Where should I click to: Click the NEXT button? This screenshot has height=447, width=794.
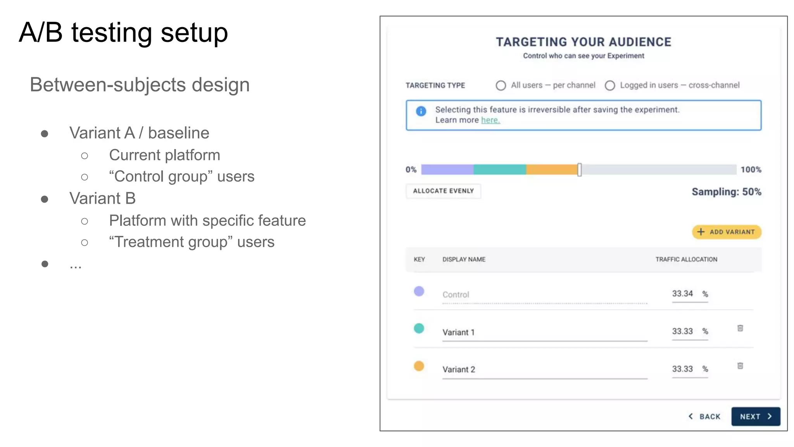point(755,416)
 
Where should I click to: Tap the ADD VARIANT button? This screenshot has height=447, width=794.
point(727,232)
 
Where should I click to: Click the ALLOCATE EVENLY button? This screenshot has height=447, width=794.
point(443,191)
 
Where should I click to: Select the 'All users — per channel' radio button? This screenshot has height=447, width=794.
point(501,85)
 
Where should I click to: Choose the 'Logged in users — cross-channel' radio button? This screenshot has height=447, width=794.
point(610,85)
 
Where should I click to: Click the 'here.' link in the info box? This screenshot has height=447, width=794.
point(490,120)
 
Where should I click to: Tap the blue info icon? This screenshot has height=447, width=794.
point(421,111)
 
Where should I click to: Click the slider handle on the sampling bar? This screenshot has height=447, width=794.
point(579,170)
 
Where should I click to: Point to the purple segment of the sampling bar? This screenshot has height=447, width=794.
point(447,170)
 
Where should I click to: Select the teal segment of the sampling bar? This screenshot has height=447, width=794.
point(500,170)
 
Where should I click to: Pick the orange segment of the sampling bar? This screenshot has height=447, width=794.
point(551,170)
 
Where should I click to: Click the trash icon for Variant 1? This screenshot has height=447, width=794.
point(740,328)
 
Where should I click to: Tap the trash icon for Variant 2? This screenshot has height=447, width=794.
point(740,366)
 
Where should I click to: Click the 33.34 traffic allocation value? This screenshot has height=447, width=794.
point(682,294)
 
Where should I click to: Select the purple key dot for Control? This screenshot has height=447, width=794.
point(419,291)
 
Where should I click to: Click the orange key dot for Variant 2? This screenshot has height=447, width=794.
point(419,366)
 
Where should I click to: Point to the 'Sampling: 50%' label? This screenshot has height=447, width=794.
point(726,192)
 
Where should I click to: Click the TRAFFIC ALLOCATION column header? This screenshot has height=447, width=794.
point(686,259)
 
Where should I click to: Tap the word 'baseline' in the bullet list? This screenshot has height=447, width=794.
point(179,133)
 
